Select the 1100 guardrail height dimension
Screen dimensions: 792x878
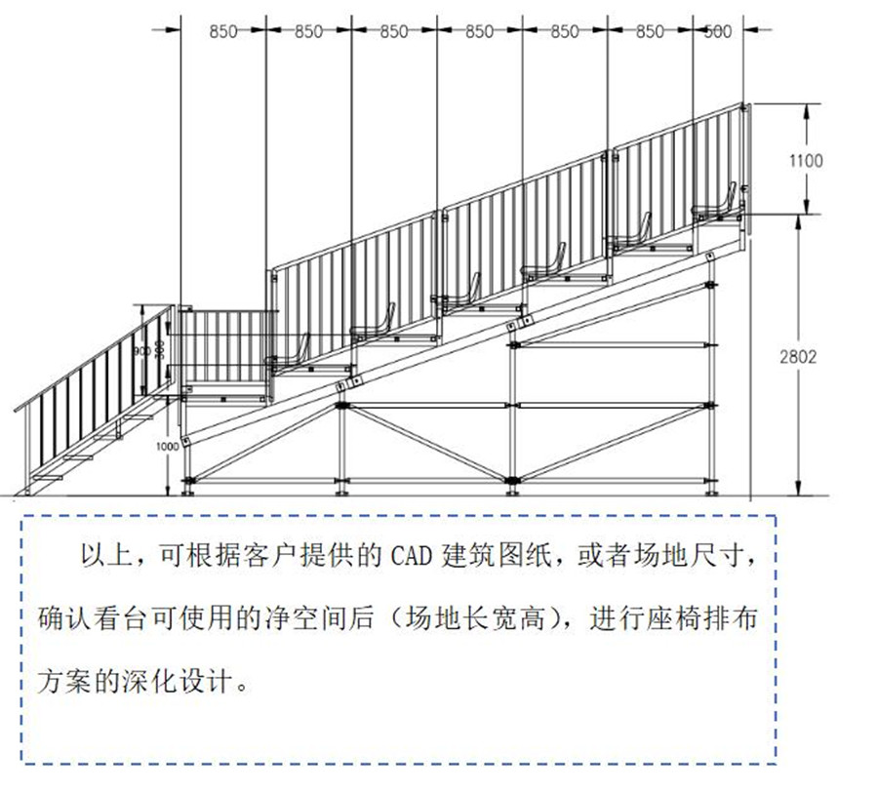[x=806, y=161]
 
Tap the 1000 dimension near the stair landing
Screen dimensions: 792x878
[x=168, y=446]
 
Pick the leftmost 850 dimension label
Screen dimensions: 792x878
[x=223, y=32]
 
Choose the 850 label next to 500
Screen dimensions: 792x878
[x=650, y=32]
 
